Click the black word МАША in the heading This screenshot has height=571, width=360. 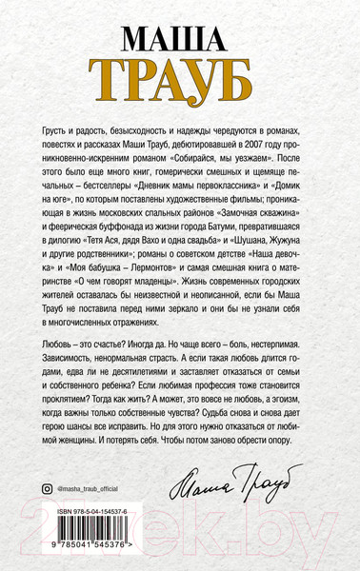179,40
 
